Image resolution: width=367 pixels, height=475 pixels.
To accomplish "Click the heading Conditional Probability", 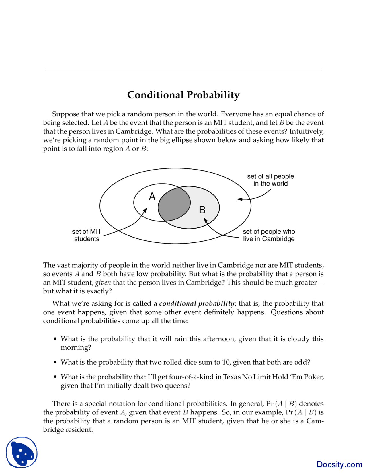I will click(183, 95).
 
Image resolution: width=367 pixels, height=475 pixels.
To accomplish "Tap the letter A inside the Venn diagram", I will click(152, 196).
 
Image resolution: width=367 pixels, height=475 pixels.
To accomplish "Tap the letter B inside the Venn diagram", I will click(202, 210).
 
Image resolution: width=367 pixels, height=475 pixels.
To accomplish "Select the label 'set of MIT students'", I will click(87, 235).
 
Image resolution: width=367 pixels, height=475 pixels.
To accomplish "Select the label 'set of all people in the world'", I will click(270, 180).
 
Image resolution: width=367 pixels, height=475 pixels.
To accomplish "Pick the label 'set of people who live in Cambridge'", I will click(269, 235).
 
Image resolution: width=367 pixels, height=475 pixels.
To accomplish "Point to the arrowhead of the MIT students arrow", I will click(146, 210).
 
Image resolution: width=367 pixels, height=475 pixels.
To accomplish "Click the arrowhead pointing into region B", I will click(205, 220).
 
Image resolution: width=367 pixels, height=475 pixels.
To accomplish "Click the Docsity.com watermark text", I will click(339, 464).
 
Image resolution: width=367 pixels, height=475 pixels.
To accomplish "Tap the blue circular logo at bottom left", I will click(22, 453).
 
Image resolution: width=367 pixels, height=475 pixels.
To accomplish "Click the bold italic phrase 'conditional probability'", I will click(197, 303).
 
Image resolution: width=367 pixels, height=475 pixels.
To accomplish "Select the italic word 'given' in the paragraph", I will click(103, 283).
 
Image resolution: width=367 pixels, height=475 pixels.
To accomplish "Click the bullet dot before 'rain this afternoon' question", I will click(55, 339).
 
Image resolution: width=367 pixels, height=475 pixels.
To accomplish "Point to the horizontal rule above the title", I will click(183, 69).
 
